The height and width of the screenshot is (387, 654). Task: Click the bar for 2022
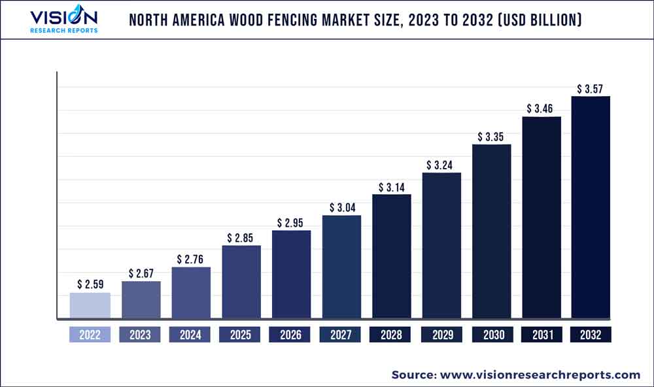pyautogui.click(x=90, y=306)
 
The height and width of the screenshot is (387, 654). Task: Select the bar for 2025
pyautogui.click(x=241, y=282)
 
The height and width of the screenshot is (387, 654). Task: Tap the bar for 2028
pyautogui.click(x=392, y=257)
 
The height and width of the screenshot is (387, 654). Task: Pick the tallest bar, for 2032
pyautogui.click(x=591, y=208)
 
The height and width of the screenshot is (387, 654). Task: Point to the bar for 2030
pyautogui.click(x=492, y=232)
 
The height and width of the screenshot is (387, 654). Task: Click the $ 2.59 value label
pyautogui.click(x=90, y=284)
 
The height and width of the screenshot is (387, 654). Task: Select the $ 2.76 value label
pyautogui.click(x=191, y=260)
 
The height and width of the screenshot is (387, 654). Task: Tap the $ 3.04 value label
pyautogui.click(x=341, y=208)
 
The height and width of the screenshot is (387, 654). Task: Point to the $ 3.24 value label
pyautogui.click(x=441, y=165)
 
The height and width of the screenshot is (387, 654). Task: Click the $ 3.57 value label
pyautogui.click(x=591, y=88)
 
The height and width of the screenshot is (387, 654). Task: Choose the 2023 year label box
pyautogui.click(x=141, y=335)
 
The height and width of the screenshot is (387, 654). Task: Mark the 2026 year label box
pyautogui.click(x=291, y=335)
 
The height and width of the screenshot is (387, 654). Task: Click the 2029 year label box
pyautogui.click(x=441, y=335)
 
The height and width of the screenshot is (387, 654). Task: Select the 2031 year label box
pyautogui.click(x=542, y=335)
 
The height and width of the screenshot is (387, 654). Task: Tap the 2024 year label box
pyautogui.click(x=191, y=335)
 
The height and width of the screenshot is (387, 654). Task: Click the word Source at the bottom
pyautogui.click(x=413, y=375)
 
